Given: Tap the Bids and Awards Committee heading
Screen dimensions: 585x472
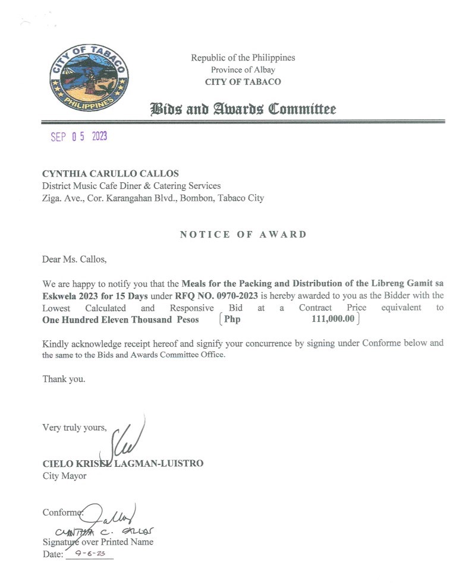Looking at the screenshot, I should [x=243, y=109].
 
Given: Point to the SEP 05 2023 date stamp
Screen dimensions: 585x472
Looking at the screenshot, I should [x=78, y=137].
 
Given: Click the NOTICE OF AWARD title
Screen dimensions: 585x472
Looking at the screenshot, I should [x=243, y=234].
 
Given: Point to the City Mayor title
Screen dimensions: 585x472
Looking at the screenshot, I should [x=64, y=476].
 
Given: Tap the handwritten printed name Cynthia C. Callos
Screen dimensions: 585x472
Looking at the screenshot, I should [x=99, y=531].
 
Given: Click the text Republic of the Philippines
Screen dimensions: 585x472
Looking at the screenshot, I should [x=243, y=58].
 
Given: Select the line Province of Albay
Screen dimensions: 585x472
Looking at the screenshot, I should [x=243, y=69].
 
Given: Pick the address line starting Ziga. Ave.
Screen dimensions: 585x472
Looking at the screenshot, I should [x=153, y=198].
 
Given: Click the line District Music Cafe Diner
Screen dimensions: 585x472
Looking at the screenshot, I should [x=131, y=186].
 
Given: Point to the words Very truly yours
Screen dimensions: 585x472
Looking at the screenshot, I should [x=74, y=427].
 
